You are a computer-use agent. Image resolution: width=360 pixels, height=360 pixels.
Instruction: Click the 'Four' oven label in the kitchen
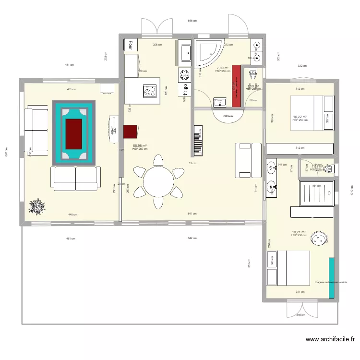click(130, 45)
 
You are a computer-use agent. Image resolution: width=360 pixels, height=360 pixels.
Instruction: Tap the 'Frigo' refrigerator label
click(184, 90)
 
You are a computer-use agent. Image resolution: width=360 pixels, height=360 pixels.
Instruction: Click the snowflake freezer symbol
click(184, 75)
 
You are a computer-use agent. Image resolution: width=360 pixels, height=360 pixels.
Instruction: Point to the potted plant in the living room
click(36, 206)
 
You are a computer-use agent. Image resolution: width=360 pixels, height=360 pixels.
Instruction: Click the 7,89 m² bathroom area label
click(223, 68)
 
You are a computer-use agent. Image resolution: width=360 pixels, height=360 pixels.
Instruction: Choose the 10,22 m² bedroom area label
click(300, 117)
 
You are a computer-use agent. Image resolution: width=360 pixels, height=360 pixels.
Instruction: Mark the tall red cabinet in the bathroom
click(236, 85)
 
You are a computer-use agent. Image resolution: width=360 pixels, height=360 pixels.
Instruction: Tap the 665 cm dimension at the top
click(192, 21)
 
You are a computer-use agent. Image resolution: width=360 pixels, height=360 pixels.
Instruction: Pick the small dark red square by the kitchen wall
click(130, 131)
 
